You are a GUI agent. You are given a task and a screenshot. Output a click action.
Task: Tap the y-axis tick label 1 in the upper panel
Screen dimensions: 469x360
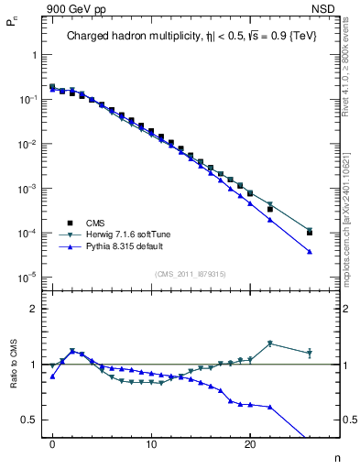click(x=34, y=55)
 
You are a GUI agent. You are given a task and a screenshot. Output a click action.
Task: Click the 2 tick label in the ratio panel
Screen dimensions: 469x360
click(x=34, y=309)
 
